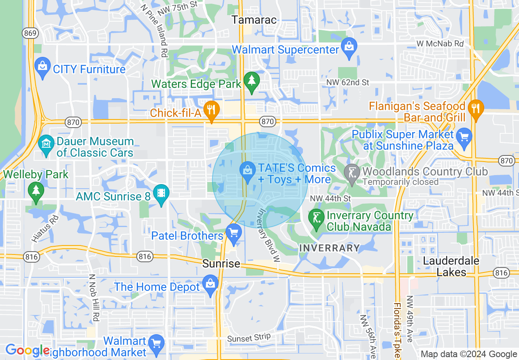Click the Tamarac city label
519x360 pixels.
click(x=254, y=20)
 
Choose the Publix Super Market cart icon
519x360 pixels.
click(x=464, y=138)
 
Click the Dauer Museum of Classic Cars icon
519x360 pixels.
click(x=46, y=145)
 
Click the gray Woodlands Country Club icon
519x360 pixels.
click(x=352, y=173)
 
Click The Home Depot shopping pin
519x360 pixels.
click(x=210, y=286)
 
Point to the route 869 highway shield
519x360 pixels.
click(x=31, y=34)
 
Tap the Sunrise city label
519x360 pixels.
click(x=221, y=263)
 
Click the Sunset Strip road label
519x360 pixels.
click(x=249, y=337)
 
